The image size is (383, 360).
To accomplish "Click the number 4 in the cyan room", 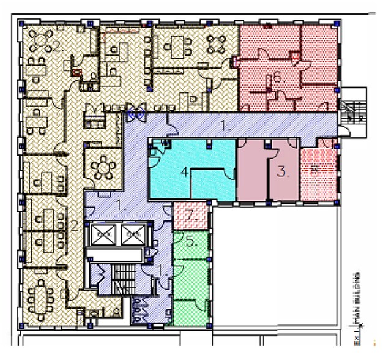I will pyautogui.click(x=184, y=172).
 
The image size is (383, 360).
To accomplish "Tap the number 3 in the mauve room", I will pyautogui.click(x=282, y=171).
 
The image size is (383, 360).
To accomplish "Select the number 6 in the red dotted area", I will pyautogui.click(x=277, y=78).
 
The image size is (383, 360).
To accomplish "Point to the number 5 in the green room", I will pyautogui.click(x=190, y=241).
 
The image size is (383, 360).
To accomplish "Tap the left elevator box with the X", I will pyautogui.click(x=102, y=233).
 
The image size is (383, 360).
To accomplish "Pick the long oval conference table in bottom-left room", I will pyautogui.click(x=43, y=298).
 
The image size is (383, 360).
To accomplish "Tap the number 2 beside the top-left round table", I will pyautogui.click(x=56, y=45).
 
